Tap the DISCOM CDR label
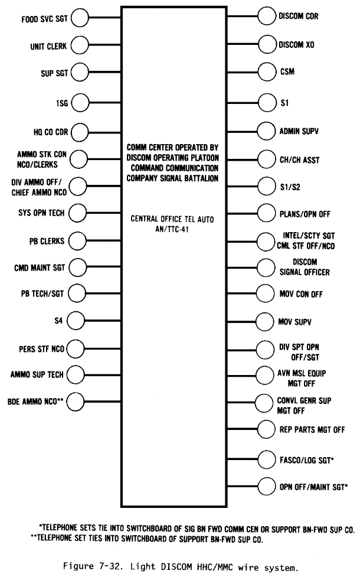point(298,16)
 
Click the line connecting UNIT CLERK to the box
point(105,45)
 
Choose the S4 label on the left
point(58,321)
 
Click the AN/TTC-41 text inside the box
point(172,229)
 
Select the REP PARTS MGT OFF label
point(312,429)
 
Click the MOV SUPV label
point(294,322)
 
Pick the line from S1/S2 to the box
point(242,186)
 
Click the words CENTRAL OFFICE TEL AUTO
point(172,219)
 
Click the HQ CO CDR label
point(51,132)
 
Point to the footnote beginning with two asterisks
point(147,539)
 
